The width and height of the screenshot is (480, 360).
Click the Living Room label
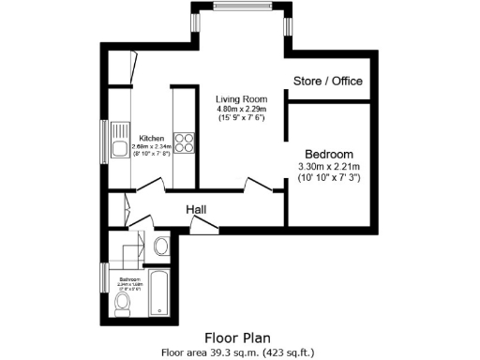tap(241, 98)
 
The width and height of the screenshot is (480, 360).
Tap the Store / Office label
tap(328, 81)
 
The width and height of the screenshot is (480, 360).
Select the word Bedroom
tap(329, 154)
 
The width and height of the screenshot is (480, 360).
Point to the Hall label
tap(196, 209)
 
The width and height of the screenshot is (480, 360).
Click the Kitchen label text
tap(152, 138)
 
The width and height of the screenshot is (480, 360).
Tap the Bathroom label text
tap(129, 279)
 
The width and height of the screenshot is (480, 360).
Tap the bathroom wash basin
tap(160, 247)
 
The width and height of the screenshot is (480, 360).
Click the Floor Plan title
tap(239, 337)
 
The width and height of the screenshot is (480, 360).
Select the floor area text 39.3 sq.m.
tap(211, 352)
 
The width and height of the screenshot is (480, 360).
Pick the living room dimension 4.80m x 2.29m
tap(241, 109)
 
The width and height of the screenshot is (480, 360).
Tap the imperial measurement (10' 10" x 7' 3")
tap(329, 177)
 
